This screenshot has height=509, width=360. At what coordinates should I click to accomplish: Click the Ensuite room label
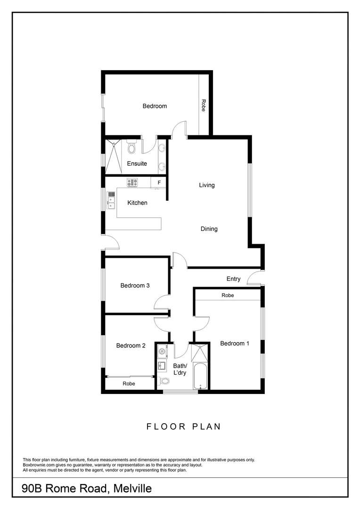click(137, 164)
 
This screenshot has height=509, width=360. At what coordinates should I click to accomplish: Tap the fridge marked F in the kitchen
click(159, 182)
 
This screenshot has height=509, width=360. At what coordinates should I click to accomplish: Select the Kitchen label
click(138, 203)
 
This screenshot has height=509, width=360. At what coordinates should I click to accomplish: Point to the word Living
click(206, 185)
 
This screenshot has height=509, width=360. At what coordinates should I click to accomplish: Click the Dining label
click(209, 229)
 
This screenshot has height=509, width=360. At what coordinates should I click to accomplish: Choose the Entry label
click(233, 279)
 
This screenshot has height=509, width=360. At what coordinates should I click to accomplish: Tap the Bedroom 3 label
click(135, 286)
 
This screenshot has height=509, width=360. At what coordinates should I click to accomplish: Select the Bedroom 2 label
click(131, 345)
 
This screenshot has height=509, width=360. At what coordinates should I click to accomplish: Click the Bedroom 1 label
click(235, 344)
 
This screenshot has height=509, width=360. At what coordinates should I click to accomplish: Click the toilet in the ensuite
click(132, 148)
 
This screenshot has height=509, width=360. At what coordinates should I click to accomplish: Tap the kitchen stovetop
click(132, 182)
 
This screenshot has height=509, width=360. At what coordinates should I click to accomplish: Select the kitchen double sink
click(111, 200)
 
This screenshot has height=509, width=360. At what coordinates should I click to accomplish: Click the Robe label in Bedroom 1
click(227, 296)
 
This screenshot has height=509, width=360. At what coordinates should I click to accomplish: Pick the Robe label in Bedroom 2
click(129, 384)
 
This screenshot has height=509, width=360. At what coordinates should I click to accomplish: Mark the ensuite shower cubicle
click(113, 155)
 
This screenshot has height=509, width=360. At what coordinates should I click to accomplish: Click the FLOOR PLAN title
click(184, 427)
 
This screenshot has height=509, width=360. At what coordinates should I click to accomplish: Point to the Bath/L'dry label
click(180, 369)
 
